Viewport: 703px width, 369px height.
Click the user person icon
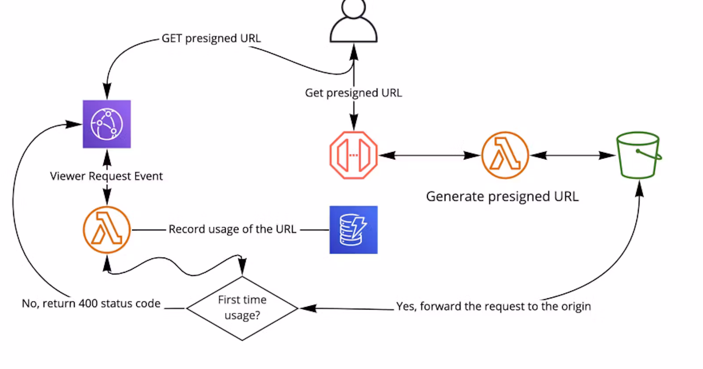point(354,22)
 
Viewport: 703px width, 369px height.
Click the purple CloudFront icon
point(107,124)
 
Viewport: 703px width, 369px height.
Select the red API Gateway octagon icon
point(354,155)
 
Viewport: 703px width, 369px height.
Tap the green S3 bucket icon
point(638,155)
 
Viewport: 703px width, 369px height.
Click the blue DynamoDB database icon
point(354,230)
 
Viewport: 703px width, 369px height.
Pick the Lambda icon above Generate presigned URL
point(505,155)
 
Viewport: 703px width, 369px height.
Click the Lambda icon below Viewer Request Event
point(107,230)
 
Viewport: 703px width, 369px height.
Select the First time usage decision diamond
point(242,308)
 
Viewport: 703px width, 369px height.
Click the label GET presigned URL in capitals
point(211,39)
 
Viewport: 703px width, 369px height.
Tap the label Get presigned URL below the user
point(354,93)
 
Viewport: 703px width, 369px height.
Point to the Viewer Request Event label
point(106,176)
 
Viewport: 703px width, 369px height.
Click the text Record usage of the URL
point(232,229)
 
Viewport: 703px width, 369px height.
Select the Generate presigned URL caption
point(502,196)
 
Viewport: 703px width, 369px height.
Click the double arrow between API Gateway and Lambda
point(429,155)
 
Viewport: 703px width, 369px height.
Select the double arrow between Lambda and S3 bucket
point(573,155)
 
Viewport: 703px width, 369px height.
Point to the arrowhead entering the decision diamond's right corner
point(308,308)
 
